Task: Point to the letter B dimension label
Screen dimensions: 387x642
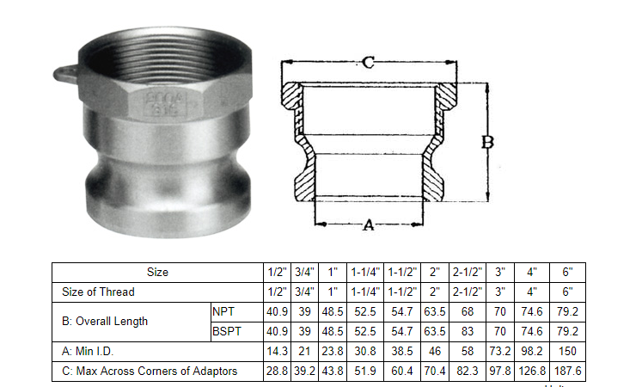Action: tap(487, 144)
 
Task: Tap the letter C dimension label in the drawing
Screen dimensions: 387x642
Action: tap(367, 63)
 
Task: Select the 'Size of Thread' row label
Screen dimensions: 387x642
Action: tap(98, 292)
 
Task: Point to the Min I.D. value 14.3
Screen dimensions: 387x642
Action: tap(277, 352)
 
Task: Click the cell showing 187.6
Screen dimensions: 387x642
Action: tap(568, 372)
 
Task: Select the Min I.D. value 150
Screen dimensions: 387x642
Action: tap(568, 352)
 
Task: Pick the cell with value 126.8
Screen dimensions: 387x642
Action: tap(534, 372)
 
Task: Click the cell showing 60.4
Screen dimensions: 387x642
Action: tap(400, 372)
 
